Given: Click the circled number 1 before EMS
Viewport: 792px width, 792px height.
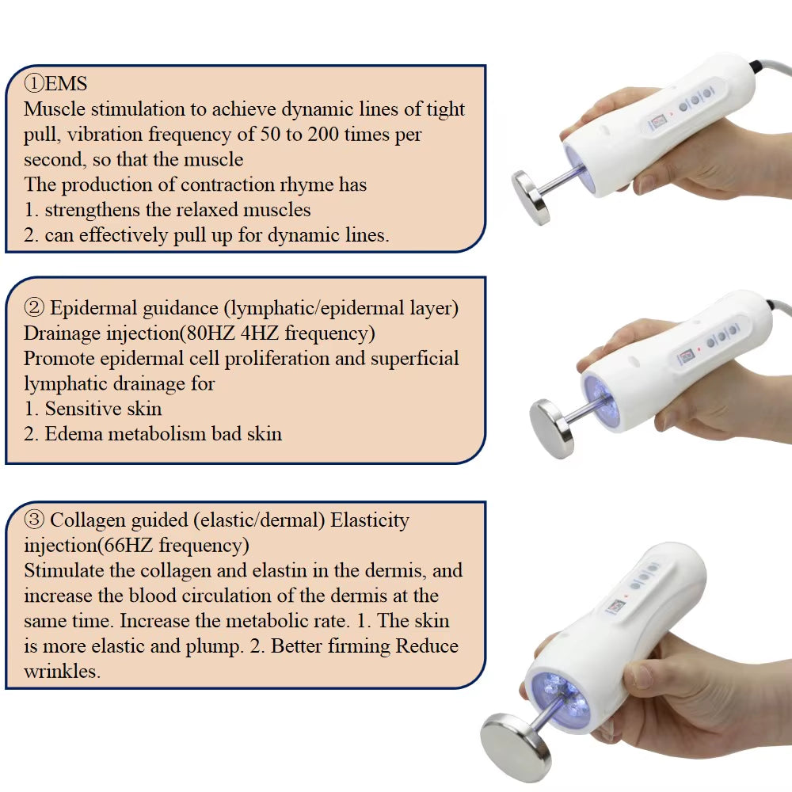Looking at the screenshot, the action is [x=34, y=83].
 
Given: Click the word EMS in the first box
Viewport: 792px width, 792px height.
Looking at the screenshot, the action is [x=66, y=84].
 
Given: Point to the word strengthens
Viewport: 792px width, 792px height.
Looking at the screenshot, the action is [x=92, y=210].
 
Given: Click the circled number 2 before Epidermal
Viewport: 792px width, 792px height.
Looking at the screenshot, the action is [x=34, y=307].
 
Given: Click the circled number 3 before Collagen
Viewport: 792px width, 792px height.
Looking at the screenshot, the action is [x=34, y=520].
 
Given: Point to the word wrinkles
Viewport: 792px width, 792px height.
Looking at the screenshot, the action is [x=62, y=672].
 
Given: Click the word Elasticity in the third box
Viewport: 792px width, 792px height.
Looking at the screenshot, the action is [x=370, y=520].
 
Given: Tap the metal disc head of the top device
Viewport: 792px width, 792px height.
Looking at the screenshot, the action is [x=531, y=197].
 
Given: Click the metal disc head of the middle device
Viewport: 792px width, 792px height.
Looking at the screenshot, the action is [x=553, y=428].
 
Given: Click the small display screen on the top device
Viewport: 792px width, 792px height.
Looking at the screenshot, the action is [x=658, y=122].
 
